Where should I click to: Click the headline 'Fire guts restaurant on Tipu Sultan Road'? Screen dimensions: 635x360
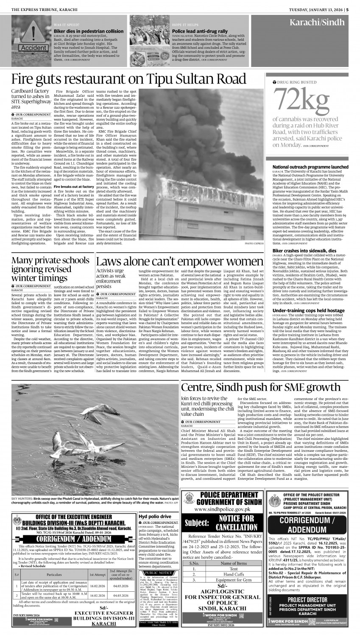tap(132, 79)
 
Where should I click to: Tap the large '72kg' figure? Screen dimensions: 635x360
tap(301, 101)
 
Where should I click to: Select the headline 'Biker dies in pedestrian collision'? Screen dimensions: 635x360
tap(89, 31)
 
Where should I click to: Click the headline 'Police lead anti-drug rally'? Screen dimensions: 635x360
tap(200, 31)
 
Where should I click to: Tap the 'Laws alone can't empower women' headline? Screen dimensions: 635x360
tap(180, 261)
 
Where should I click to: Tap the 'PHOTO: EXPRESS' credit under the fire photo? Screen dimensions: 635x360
tap(254, 244)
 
